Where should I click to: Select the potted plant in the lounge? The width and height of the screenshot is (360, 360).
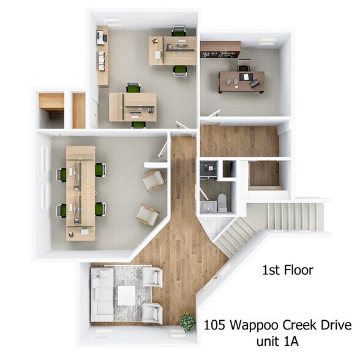point(187,321)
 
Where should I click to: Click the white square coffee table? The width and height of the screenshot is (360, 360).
point(127,296)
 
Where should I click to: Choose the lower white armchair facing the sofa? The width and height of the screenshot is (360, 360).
point(151,312)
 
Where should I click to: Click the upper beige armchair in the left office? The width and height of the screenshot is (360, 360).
point(152,180)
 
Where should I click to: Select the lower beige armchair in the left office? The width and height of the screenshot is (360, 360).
point(148,214)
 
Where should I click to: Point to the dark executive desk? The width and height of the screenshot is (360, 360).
point(242,81)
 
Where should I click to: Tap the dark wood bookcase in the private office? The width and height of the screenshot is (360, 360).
point(220,47)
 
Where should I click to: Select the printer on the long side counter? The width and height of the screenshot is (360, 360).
point(101,39)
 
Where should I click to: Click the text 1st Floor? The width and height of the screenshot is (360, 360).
point(287,269)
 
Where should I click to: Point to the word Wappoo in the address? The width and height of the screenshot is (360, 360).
point(255,324)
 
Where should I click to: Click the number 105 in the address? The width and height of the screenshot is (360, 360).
point(215,324)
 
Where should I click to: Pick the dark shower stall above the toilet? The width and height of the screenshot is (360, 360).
point(211,170)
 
